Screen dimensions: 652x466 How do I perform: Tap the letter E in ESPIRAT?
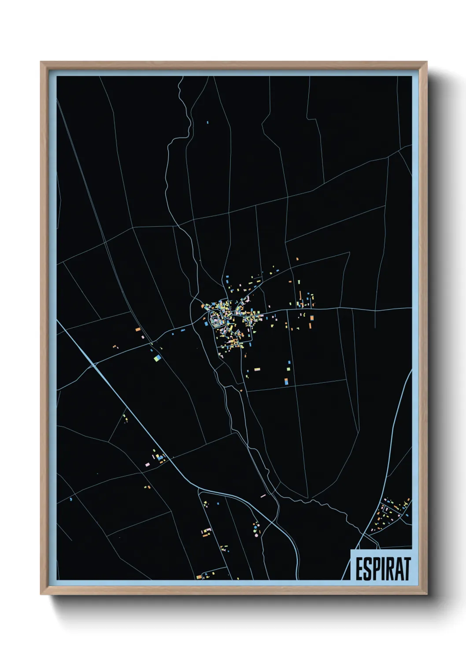coord(359,569)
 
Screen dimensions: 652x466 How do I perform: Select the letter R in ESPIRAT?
coord(390,569)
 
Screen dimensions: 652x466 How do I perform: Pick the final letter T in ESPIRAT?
coord(407,569)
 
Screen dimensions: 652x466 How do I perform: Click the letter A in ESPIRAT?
coord(399,569)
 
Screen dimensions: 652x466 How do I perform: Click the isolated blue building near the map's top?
coord(207,122)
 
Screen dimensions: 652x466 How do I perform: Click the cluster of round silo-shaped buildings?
coord(255,527)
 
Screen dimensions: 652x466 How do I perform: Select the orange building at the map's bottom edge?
coord(199,577)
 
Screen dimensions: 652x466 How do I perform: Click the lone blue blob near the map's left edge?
coord(70,500)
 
